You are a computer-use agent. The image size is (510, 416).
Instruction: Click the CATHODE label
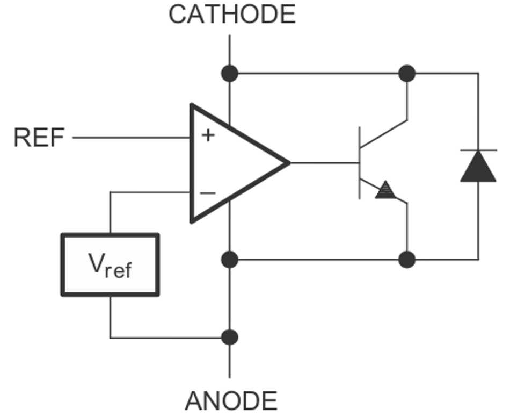click(232, 14)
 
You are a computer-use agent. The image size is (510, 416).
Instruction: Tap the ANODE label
click(231, 401)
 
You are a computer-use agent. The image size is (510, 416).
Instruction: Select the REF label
click(39, 138)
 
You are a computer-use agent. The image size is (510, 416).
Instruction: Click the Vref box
click(110, 264)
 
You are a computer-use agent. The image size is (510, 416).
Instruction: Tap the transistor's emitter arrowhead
click(385, 190)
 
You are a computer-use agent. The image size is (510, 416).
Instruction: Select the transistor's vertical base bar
click(360, 162)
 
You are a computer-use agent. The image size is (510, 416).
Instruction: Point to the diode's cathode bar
click(478, 150)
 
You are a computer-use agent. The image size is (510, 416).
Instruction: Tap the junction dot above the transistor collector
click(407, 73)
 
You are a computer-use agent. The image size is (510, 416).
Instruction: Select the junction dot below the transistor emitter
click(407, 260)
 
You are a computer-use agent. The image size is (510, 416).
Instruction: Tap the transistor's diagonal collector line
click(384, 134)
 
